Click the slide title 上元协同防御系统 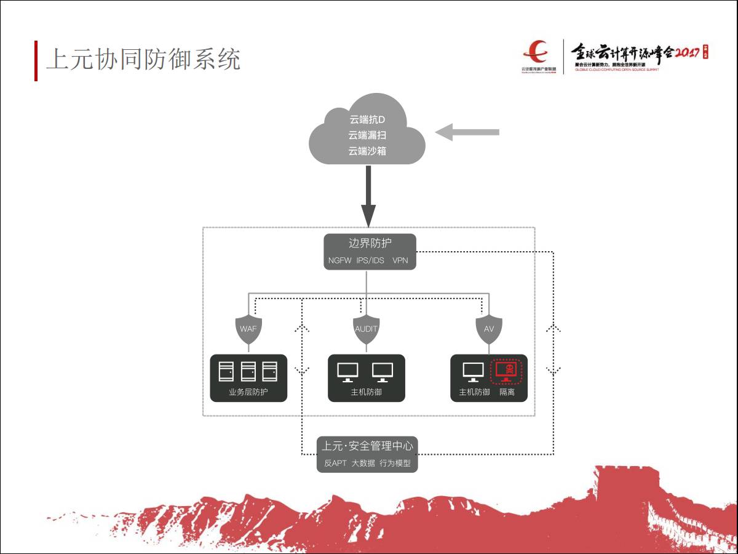tap(143, 60)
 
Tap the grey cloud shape tap(367, 132)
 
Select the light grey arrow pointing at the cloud tap(467, 132)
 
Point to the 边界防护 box tap(370, 251)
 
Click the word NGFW tap(339, 260)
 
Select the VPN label tap(400, 260)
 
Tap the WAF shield tap(248, 329)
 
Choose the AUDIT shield tap(366, 329)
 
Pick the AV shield tap(489, 329)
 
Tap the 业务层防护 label tap(248, 392)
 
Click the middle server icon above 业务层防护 tap(248, 371)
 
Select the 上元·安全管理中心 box tap(367, 454)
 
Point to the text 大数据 tap(363, 463)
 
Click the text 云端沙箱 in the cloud tap(367, 151)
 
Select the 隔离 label tap(507, 392)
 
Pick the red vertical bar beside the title tap(36, 60)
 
